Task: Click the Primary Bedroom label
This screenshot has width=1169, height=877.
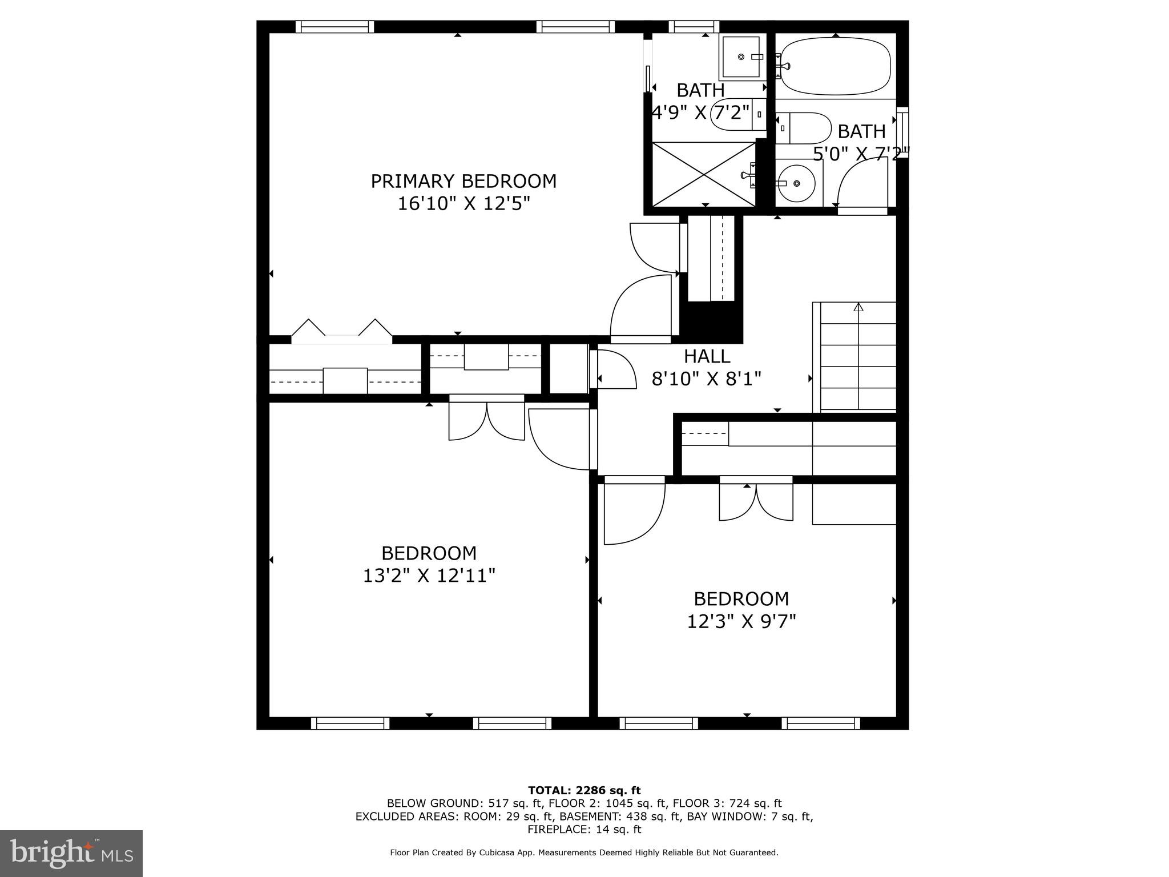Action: coord(463,182)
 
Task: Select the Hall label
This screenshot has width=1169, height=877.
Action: coord(707,356)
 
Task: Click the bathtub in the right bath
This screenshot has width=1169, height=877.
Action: coord(835,66)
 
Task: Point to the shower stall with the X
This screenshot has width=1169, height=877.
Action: coord(704,174)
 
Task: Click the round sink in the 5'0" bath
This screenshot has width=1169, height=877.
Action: coord(797,183)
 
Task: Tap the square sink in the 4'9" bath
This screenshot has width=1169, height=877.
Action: coord(741,57)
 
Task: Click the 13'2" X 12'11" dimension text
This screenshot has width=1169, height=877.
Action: coord(429,576)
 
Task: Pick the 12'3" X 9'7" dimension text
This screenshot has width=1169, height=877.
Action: coord(741,621)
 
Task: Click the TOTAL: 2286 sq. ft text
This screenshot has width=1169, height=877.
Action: coord(584,791)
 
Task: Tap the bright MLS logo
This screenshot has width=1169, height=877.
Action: coord(71,854)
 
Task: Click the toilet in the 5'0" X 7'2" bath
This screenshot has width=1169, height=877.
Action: coord(804,128)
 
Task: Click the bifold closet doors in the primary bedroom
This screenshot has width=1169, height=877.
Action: coord(341,331)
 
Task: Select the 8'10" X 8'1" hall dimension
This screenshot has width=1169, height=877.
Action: coord(707,379)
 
